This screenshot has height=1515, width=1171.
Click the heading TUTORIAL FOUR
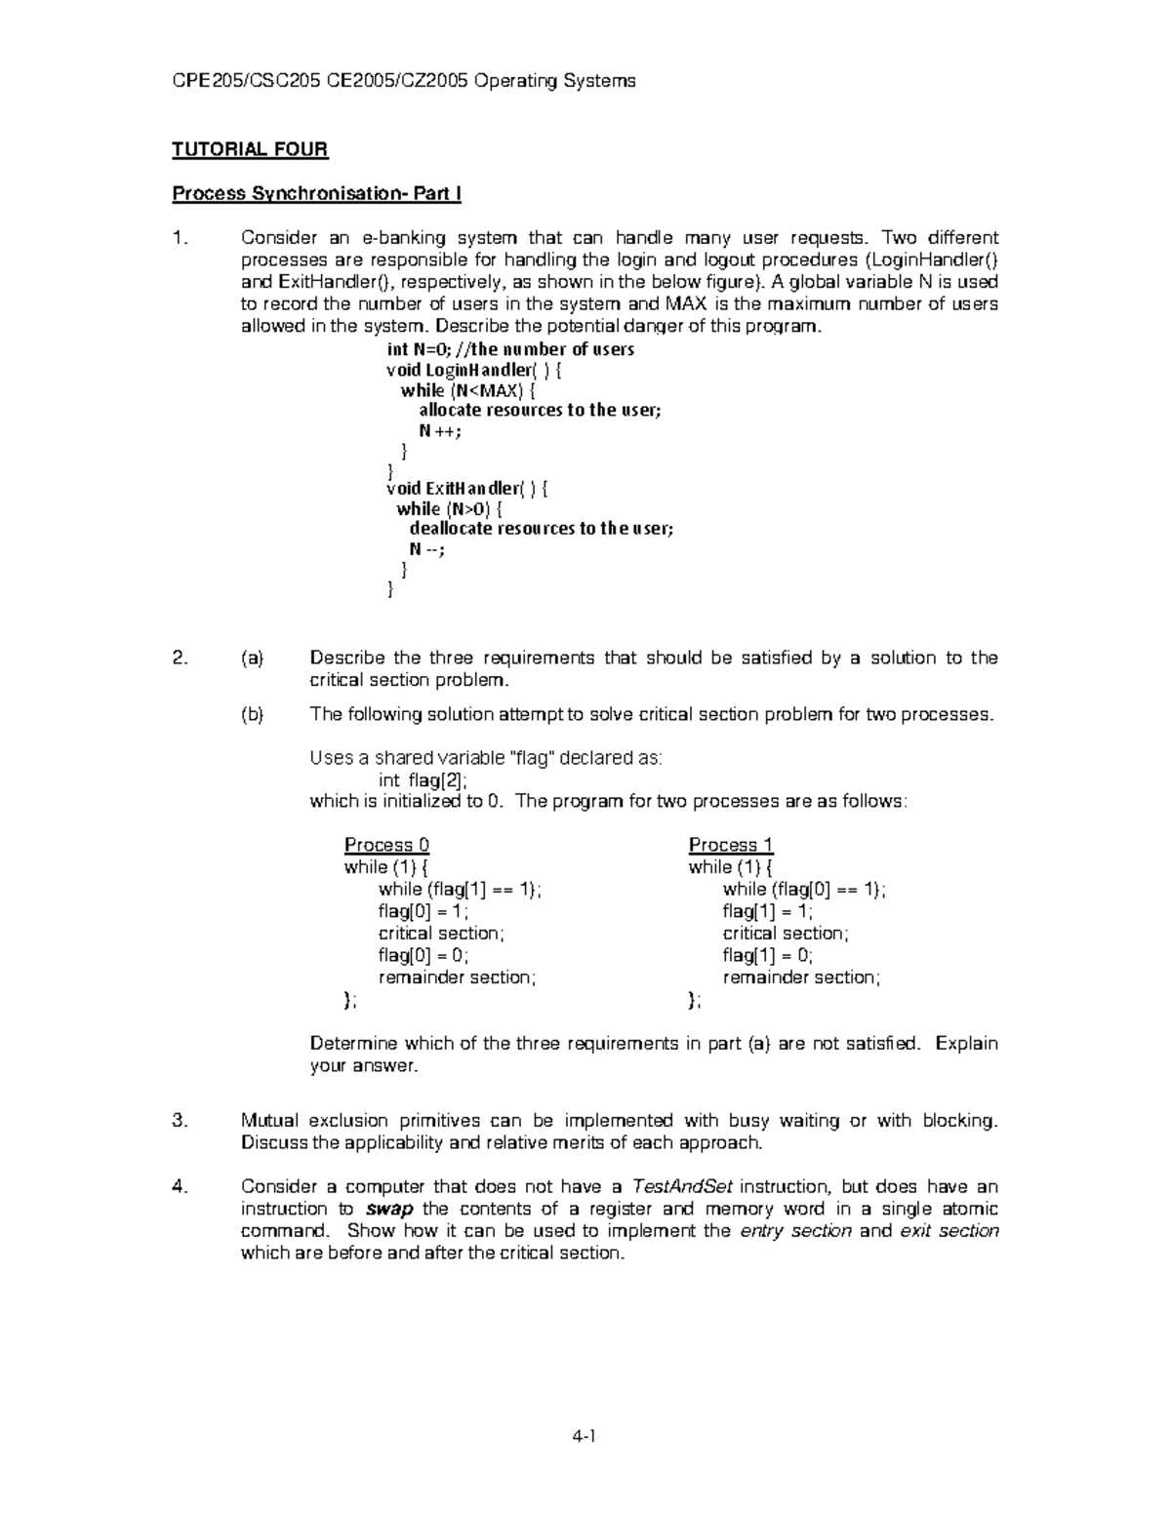(x=250, y=149)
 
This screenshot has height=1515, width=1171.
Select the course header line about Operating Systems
(x=404, y=81)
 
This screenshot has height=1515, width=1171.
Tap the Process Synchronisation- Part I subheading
(x=316, y=193)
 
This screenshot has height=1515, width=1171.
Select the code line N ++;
(x=439, y=430)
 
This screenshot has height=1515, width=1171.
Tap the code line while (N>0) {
(x=449, y=509)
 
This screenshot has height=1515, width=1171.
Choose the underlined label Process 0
(x=386, y=845)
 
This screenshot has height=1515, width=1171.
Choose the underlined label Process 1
(x=731, y=845)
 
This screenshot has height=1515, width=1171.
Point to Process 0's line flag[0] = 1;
(x=424, y=911)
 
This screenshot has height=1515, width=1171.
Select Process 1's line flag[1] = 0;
(x=768, y=955)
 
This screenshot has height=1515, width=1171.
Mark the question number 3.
(x=179, y=1121)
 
